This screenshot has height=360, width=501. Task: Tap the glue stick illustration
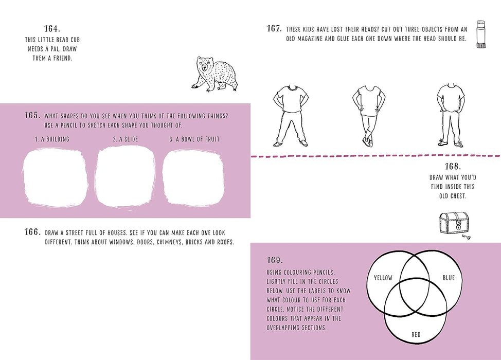[x=480, y=34]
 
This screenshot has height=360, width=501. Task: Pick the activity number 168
[x=452, y=166]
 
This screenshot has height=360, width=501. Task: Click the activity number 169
[x=275, y=260]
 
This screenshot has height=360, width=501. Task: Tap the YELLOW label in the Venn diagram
[x=383, y=278]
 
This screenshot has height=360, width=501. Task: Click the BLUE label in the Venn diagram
[x=449, y=278]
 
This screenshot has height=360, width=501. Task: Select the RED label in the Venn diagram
[x=416, y=335]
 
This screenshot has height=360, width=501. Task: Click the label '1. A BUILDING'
[x=52, y=139]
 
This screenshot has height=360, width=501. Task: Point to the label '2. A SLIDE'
[x=125, y=139]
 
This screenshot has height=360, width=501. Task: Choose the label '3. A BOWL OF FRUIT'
[x=194, y=139]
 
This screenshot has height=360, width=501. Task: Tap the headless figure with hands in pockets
[x=451, y=116]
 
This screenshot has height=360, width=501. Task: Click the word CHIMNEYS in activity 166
[x=159, y=242]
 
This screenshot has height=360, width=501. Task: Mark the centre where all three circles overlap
[x=416, y=293]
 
